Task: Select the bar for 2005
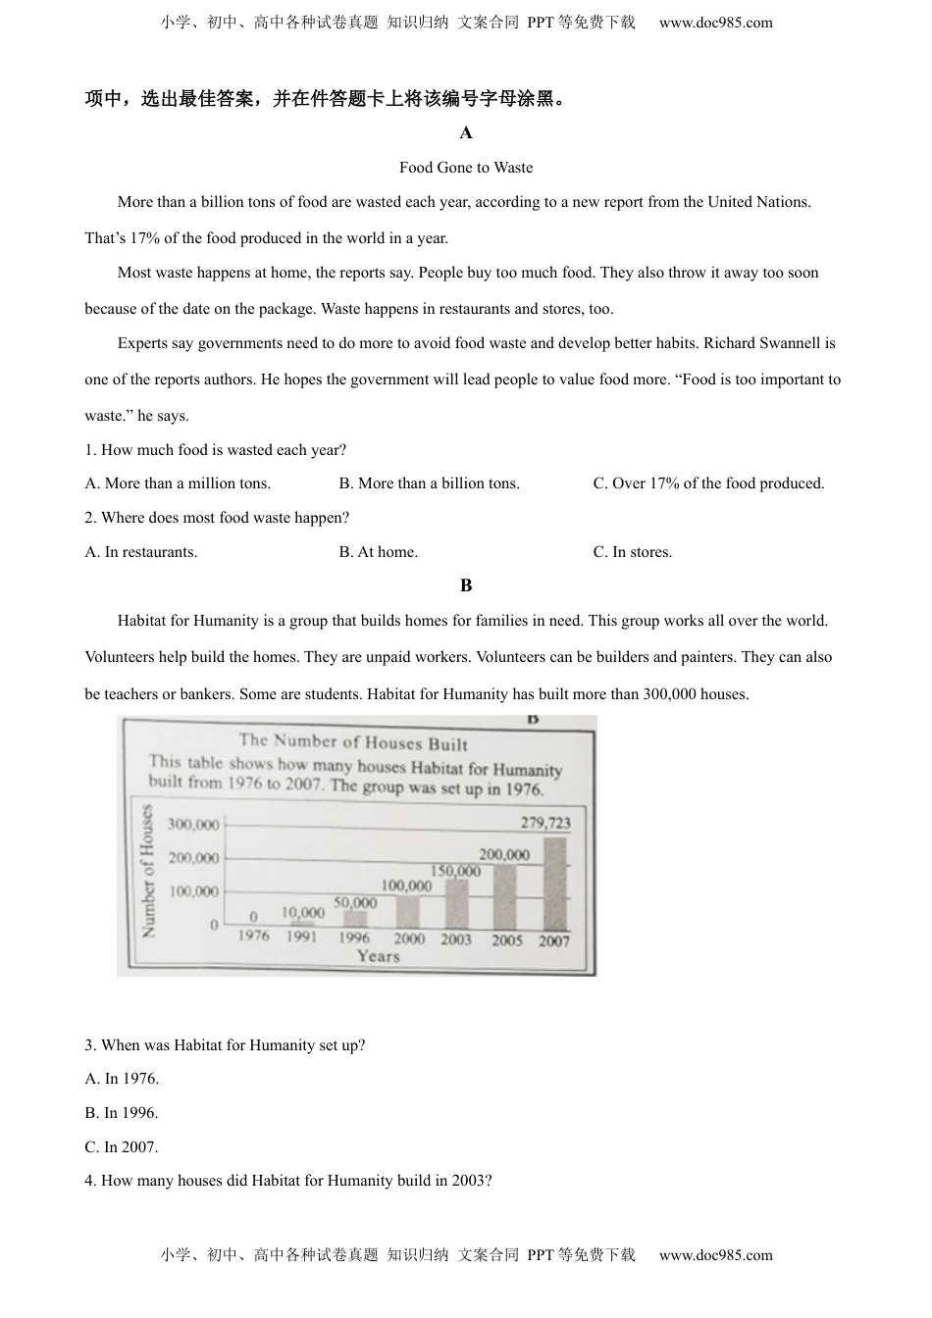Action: pyautogui.click(x=505, y=897)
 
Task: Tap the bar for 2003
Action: pyautogui.click(x=456, y=904)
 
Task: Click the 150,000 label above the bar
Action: pyautogui.click(x=456, y=871)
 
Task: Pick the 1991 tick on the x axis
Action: pyautogui.click(x=302, y=938)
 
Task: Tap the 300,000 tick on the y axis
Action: pyautogui.click(x=193, y=825)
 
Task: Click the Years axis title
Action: pyautogui.click(x=378, y=957)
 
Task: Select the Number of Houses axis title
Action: pyautogui.click(x=148, y=871)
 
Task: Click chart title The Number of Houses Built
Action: pyautogui.click(x=353, y=742)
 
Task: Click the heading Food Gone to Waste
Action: pyautogui.click(x=466, y=168)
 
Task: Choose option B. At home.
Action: pyautogui.click(x=379, y=552)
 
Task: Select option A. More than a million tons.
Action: pyautogui.click(x=178, y=483)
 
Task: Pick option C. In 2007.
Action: pyautogui.click(x=122, y=1147)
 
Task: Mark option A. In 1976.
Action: pyautogui.click(x=122, y=1079)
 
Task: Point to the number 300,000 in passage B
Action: pyautogui.click(x=670, y=694)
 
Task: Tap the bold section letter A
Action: pyautogui.click(x=466, y=133)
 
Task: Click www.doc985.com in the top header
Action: pyautogui.click(x=715, y=23)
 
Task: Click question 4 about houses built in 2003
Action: pyautogui.click(x=288, y=1181)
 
